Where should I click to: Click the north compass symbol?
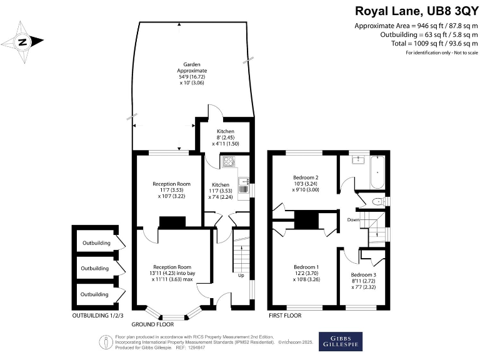pos(22,42)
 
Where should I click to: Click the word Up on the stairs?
pos(241,275)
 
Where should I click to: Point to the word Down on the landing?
pos(354,220)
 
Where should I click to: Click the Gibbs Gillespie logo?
pos(341,341)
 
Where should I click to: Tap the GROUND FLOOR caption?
pos(154,325)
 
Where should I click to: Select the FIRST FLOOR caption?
pos(285,316)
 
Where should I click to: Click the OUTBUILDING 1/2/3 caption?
pos(97,315)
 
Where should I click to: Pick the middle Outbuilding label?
pos(94,268)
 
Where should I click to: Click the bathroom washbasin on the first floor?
pos(357,160)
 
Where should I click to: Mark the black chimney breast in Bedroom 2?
pos(306,221)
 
